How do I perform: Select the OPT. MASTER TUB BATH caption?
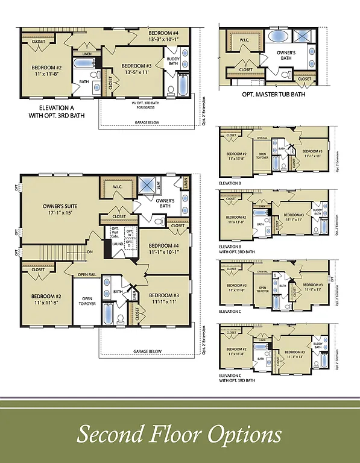coord(273,94)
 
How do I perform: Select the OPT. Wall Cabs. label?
coord(112,232)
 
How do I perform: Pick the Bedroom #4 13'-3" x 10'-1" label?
coord(164,36)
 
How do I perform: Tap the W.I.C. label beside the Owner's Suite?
coord(118,186)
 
